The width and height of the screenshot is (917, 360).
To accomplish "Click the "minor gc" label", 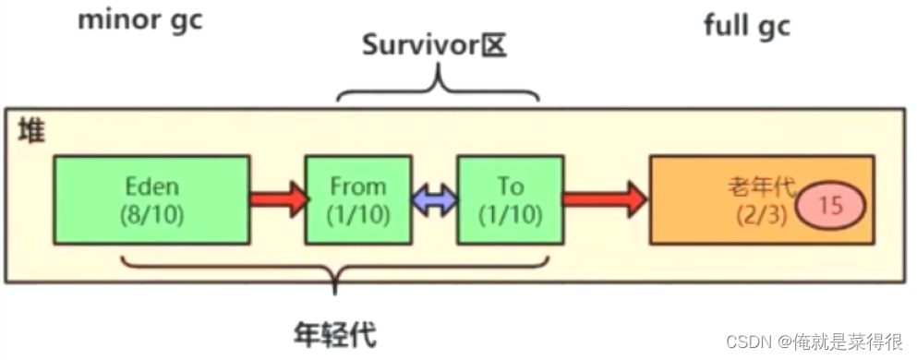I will point(139,20).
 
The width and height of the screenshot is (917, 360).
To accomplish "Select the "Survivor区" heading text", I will point(434,47).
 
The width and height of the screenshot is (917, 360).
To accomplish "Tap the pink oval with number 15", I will point(831,206).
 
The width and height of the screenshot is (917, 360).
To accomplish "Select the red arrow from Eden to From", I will point(277,198).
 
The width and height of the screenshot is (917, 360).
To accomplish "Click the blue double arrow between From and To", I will point(433,200).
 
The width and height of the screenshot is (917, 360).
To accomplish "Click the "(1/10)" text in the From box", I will point(357,214).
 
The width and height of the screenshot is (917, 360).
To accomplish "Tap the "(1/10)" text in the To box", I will point(509,214).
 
